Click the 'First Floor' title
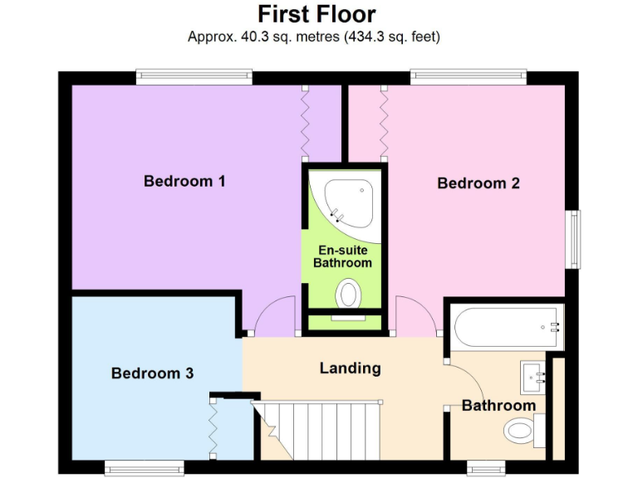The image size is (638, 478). tap(316, 14)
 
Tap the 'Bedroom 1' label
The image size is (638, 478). tap(184, 181)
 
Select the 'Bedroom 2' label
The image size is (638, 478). tap(478, 183)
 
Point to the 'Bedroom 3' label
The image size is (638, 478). tap(152, 373)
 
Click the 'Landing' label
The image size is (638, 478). tap(350, 368)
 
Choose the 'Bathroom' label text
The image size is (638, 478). tap(498, 405)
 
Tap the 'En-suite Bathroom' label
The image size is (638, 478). tap(342, 256)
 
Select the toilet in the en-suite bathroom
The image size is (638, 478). tap(349, 294)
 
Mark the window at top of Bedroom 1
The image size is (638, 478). tap(194, 77)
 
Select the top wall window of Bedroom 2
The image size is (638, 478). tap(468, 77)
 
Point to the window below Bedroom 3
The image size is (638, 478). tap(144, 469)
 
